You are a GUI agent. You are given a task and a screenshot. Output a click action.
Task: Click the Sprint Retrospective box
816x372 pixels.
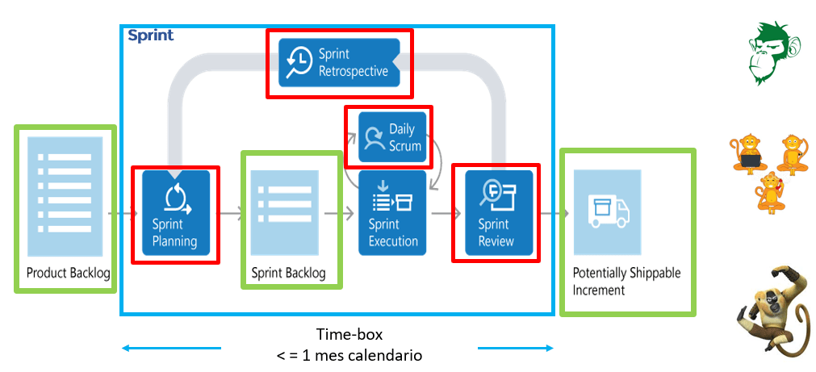pos(339,62)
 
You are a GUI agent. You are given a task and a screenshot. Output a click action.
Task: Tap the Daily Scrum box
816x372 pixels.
pos(392,136)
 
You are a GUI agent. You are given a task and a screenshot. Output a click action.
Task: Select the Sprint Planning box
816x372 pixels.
pos(176,213)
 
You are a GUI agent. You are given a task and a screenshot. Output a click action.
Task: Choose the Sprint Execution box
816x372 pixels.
pos(392,213)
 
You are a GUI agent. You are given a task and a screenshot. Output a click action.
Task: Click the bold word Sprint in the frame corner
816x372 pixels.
pos(151,36)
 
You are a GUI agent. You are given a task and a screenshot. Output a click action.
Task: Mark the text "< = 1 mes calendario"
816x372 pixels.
pos(349,355)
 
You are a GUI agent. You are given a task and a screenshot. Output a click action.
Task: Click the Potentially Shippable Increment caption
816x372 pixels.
pos(626,281)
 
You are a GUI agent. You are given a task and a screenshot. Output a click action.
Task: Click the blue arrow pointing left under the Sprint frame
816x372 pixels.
pos(170,349)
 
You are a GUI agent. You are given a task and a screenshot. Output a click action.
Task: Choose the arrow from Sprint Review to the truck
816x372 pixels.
pos(554,213)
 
